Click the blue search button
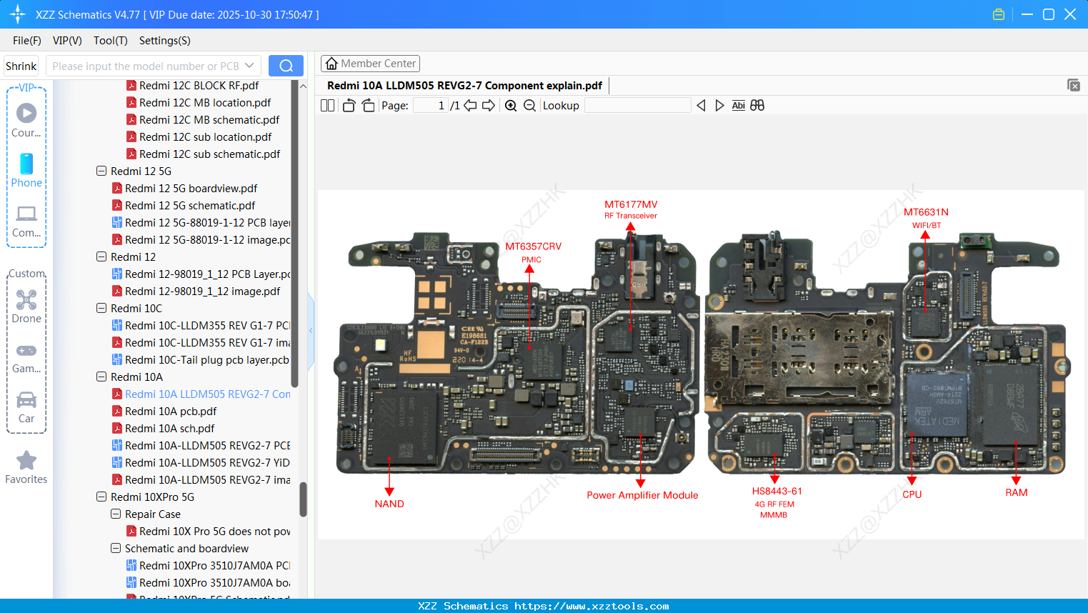coord(286,66)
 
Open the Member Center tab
coord(370,64)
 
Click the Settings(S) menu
coord(164,41)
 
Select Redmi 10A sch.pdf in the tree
coord(169,429)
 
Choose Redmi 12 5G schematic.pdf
coord(189,206)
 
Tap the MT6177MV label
coord(631,204)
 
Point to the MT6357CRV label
coord(533,246)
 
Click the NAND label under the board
coord(389,504)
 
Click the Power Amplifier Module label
coord(642,495)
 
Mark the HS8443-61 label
coord(777,491)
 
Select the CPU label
coord(912,494)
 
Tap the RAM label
coord(1016,492)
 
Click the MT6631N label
coord(926,212)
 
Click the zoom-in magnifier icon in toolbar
coord(511,106)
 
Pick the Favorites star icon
coord(26,461)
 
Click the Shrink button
coord(21,66)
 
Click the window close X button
coord(1070,14)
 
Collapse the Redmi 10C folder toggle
coord(101,309)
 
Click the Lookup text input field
coord(637,106)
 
